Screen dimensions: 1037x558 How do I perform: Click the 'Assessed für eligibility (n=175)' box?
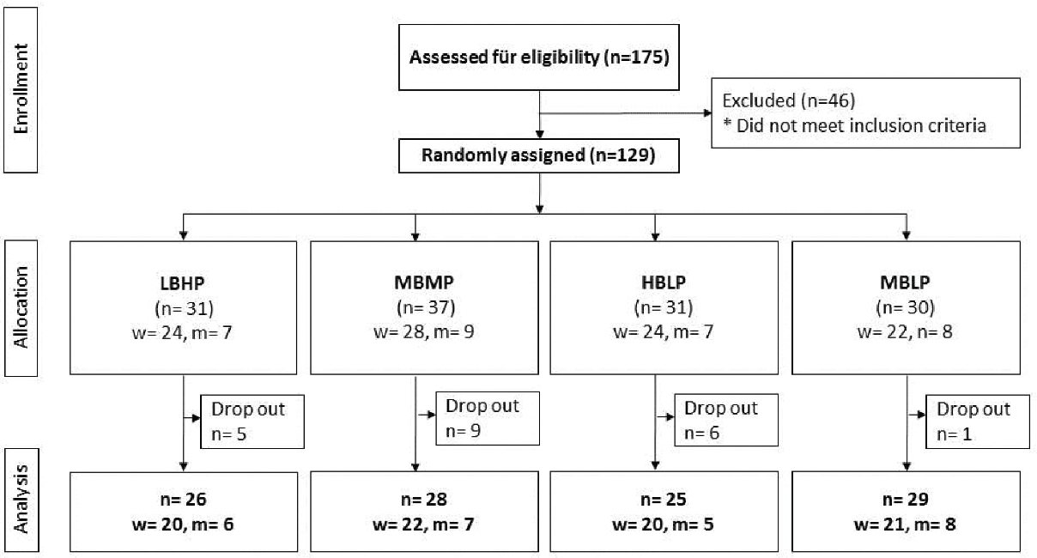pos(539,58)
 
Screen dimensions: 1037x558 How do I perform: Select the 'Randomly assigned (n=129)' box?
pos(539,155)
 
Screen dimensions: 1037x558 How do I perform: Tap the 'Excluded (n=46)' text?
pos(788,100)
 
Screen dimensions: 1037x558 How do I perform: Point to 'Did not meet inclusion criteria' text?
pos(861,125)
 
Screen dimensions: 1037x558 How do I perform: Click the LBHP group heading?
pos(182,283)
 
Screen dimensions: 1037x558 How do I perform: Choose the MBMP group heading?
pos(424,282)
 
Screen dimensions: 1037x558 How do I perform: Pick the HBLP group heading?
pos(664,282)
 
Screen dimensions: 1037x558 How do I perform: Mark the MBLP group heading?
pos(905,282)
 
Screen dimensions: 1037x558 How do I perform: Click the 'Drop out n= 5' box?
pos(252,422)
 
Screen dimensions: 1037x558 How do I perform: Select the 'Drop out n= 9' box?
pos(488,419)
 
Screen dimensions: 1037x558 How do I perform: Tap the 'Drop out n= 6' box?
pos(726,420)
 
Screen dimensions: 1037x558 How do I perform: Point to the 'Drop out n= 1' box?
pos(978,422)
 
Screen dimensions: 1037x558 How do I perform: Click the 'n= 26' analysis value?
pos(184,499)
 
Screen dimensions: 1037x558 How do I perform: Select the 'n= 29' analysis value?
pos(906,499)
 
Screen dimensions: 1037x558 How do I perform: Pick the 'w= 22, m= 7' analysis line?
pos(423,525)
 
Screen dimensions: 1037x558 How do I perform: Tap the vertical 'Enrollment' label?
pos(21,89)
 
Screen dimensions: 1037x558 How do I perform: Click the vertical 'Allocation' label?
pos(21,307)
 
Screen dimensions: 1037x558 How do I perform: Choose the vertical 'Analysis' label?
pos(21,499)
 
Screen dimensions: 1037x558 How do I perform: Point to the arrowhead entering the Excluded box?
pos(707,113)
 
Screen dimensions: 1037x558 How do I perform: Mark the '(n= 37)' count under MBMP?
pos(426,307)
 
